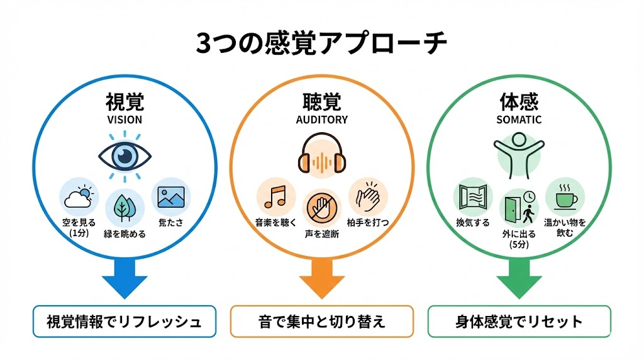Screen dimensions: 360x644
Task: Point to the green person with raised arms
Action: coord(519,153)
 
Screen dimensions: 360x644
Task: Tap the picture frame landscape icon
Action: coord(170,197)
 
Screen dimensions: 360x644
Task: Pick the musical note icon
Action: coord(275,196)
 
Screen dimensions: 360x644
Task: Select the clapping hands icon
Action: coord(368,196)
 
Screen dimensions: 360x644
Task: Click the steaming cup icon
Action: coord(564,196)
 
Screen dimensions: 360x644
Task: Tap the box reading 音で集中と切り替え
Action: coord(321,322)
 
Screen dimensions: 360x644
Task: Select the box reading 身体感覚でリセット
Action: coord(519,322)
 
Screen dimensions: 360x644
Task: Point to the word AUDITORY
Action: coord(321,119)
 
